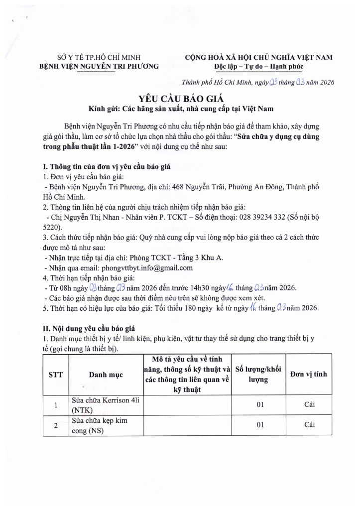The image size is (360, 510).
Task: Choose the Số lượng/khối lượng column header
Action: coord(258,374)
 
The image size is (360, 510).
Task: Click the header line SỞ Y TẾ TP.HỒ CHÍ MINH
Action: coord(99,57)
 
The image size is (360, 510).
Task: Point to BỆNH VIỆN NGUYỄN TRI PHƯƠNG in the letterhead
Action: coord(99,66)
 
